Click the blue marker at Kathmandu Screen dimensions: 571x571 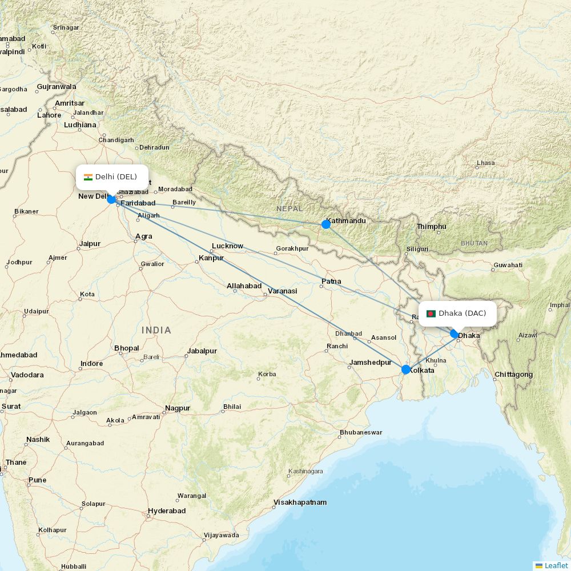326,224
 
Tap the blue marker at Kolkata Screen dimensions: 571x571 406,369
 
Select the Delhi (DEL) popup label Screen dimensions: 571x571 112,177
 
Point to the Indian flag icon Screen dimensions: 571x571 88,177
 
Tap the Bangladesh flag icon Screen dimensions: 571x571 431,313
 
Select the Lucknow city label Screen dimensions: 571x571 227,246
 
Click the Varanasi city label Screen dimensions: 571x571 283,291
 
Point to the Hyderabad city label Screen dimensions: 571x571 167,510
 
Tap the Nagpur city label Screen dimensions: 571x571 177,408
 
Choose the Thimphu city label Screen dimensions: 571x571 432,227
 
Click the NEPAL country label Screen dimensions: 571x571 289,209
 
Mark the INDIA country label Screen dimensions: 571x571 156,330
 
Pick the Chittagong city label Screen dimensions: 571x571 514,375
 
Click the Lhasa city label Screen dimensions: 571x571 486,163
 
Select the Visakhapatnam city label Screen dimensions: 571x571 300,502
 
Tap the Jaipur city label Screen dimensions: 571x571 90,244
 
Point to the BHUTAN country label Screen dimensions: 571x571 474,243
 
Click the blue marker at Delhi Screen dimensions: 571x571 111,199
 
